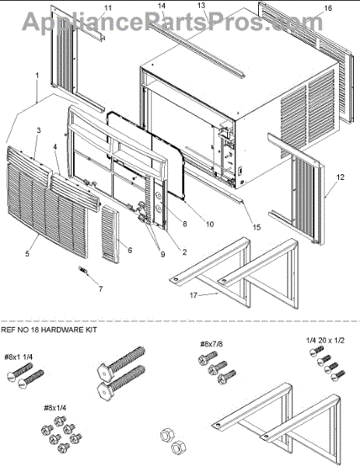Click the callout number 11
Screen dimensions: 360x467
(108, 8)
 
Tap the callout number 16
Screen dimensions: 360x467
(327, 8)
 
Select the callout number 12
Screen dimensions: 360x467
(341, 177)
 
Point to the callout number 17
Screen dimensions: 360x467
(194, 295)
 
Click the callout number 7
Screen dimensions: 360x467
(101, 289)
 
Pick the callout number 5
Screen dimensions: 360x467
(27, 254)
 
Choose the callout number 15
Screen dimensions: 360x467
(257, 227)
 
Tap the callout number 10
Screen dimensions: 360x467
(210, 224)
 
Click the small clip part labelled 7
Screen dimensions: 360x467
(82, 269)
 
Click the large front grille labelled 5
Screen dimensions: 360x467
(47, 202)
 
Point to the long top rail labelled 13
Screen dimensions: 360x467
(197, 51)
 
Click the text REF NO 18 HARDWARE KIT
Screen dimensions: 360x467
(49, 330)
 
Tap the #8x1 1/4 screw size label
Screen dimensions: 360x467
(19, 357)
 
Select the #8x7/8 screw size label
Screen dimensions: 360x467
(211, 344)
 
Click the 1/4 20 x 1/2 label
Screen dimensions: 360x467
(325, 340)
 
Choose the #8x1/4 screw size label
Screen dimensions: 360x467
(55, 408)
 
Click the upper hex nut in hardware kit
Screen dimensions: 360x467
(167, 436)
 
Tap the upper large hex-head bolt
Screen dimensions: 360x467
(121, 361)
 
